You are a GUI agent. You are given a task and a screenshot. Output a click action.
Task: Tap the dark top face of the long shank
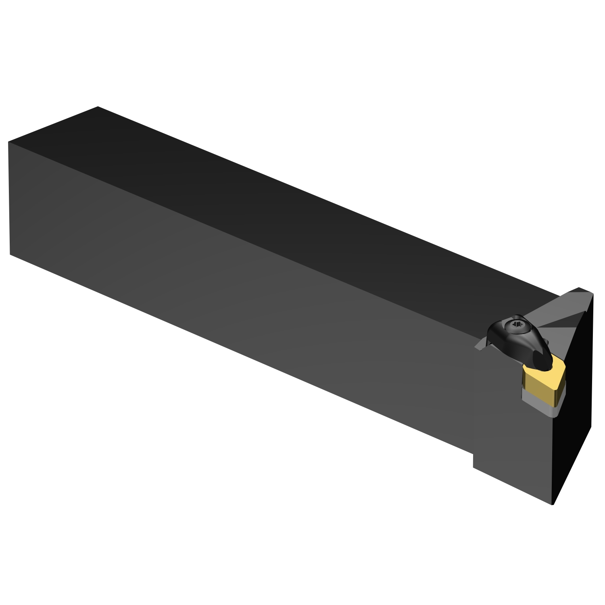(282, 202)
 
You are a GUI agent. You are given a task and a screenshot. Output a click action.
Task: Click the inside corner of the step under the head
(473, 454)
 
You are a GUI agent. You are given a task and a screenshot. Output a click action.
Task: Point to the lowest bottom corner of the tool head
(552, 505)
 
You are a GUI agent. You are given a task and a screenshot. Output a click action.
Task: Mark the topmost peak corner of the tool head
(580, 288)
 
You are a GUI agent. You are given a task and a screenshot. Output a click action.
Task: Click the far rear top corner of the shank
(98, 107)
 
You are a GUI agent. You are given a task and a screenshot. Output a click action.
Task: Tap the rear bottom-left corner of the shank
(10, 255)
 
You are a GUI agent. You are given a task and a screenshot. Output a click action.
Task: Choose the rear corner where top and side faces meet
(8, 142)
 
